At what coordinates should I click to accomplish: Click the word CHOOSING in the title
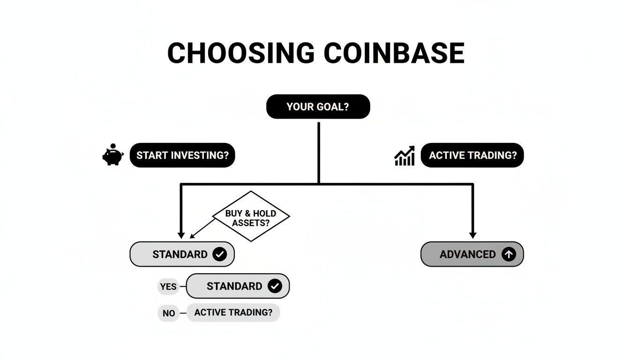point(240,53)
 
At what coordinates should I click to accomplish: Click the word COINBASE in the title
point(394,53)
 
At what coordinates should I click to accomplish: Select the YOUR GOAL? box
point(318,107)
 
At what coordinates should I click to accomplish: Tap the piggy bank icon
point(112,155)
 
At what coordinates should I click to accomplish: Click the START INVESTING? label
point(182,156)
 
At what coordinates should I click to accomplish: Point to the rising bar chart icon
point(405,156)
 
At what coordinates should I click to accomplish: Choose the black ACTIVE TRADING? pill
point(472,156)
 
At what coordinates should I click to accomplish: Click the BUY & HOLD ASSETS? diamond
point(251,217)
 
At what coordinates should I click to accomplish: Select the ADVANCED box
point(472,255)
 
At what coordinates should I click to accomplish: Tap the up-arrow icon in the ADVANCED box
point(509,255)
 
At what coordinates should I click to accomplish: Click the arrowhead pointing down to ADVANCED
point(472,235)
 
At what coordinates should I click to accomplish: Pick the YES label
point(168,286)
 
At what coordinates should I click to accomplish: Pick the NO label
point(168,313)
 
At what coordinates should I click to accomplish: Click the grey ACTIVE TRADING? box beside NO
point(233,312)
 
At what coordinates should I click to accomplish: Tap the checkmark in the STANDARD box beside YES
point(275,286)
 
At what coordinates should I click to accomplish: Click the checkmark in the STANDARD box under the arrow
point(219,255)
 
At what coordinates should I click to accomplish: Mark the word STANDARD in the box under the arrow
point(180,255)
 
